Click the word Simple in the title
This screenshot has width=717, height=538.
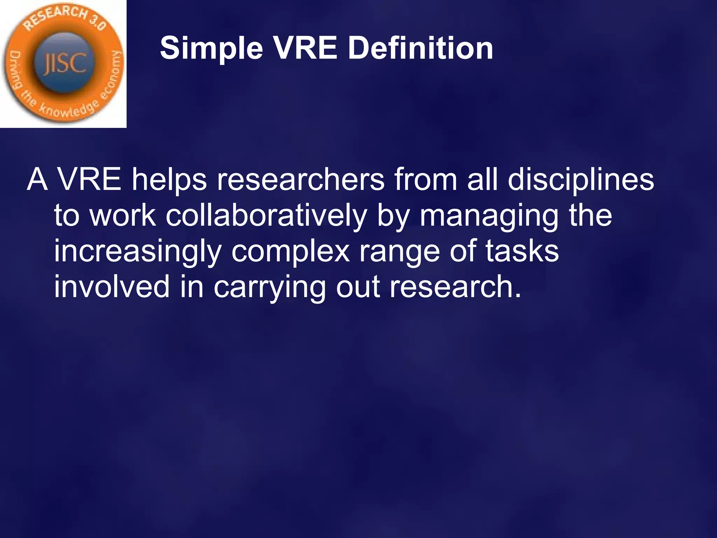tap(211, 49)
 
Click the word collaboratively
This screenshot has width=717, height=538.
tap(266, 216)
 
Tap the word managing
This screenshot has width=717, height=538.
tap(489, 216)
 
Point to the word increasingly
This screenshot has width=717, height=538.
tap(138, 251)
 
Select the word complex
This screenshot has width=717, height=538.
tap(291, 251)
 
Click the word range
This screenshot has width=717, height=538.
tap(399, 251)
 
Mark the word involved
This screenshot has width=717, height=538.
tap(112, 287)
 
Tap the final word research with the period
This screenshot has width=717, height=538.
tap(455, 287)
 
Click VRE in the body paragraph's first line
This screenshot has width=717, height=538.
tap(89, 180)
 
